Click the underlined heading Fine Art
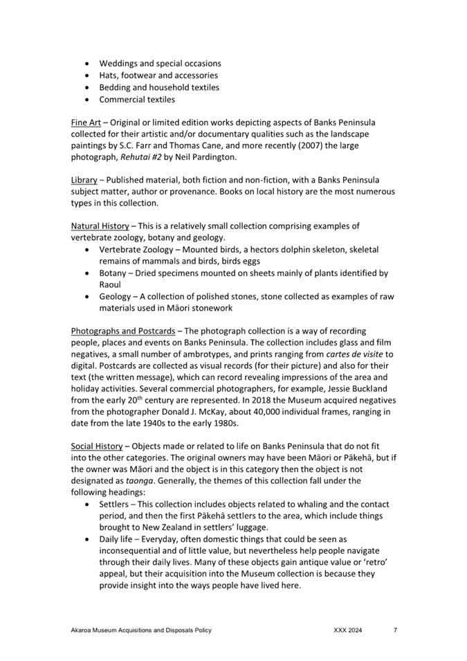86,122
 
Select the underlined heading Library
84,179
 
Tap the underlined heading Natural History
100,226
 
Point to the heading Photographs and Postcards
123,331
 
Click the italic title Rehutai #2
145,157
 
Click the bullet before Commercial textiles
86,100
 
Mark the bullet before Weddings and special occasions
86,64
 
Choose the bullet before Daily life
86,538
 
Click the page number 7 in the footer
395,631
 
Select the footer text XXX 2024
347,631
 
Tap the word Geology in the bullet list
116,296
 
